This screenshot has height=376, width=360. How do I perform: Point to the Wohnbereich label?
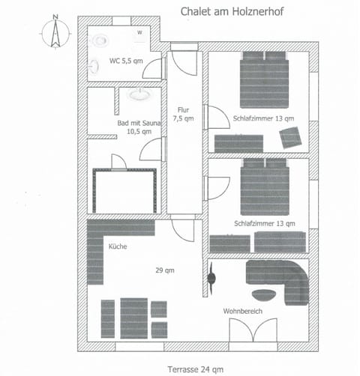click(x=241, y=311)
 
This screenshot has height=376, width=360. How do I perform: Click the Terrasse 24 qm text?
click(x=196, y=368)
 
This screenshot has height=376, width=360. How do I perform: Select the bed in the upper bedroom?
click(x=264, y=81)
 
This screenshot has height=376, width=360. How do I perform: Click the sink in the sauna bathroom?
click(x=137, y=95)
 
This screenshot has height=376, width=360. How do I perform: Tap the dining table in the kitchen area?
click(x=134, y=318)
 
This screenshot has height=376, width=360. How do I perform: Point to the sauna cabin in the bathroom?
click(x=124, y=190)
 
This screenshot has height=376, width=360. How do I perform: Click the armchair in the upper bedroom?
click(x=290, y=137)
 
